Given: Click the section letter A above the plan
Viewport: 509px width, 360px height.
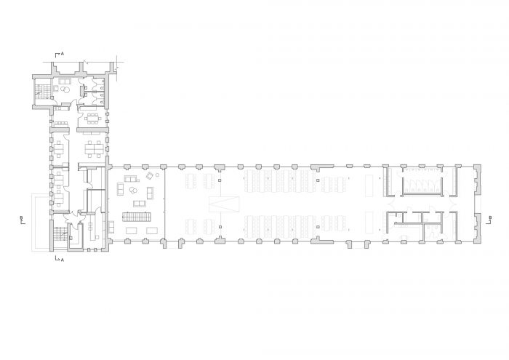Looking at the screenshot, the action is point(63,54).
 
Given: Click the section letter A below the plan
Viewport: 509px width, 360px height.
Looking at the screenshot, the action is point(63,260).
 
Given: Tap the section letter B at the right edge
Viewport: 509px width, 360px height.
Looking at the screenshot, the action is point(490,217).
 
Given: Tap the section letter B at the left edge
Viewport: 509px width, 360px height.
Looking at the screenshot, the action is point(21,217).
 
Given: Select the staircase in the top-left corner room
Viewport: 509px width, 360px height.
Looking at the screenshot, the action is point(42,91).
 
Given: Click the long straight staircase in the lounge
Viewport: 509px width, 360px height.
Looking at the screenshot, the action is point(137,217).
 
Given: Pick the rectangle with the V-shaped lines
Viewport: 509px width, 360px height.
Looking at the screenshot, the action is point(224,204).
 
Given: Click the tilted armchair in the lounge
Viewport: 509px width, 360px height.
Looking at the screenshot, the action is point(150,176).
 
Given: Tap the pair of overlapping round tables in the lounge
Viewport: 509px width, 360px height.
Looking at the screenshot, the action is point(133,190).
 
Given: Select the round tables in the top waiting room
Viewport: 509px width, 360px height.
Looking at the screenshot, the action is point(65,89).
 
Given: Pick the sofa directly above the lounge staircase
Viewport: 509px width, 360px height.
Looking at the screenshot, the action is point(140,204).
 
